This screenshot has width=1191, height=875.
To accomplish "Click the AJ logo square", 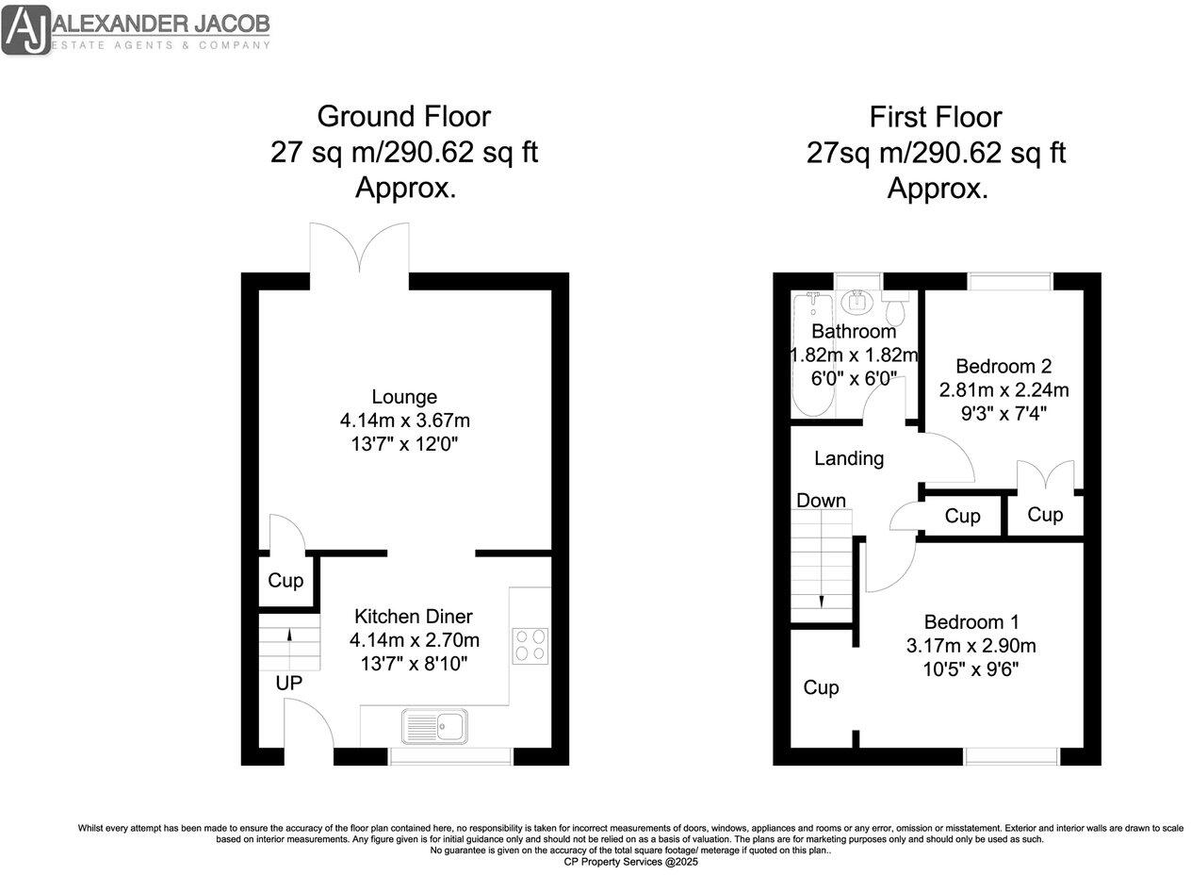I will tap(25, 28).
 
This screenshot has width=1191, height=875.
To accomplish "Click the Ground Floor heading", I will tap(403, 117).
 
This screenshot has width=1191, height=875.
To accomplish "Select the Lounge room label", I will tap(403, 397).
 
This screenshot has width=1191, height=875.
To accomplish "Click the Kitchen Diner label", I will tap(413, 617).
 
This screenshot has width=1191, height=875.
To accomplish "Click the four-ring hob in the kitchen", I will tap(530, 645).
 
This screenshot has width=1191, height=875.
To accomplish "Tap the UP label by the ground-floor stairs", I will tap(288, 683).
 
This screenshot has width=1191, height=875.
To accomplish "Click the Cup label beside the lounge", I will tap(285, 581).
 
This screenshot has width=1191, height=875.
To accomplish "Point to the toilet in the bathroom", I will tap(894, 305).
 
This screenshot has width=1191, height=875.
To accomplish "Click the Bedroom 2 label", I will tap(1003, 366).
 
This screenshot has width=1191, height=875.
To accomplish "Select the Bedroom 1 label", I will tap(971, 622).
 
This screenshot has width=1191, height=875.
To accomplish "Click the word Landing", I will tap(848, 459).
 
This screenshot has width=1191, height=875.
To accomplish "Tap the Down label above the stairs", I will tap(821, 501).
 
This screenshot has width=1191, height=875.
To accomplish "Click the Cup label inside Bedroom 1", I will tap(821, 688).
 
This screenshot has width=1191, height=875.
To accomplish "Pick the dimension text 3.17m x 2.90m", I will tap(971, 646).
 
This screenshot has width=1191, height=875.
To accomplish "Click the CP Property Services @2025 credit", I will tap(630, 862).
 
